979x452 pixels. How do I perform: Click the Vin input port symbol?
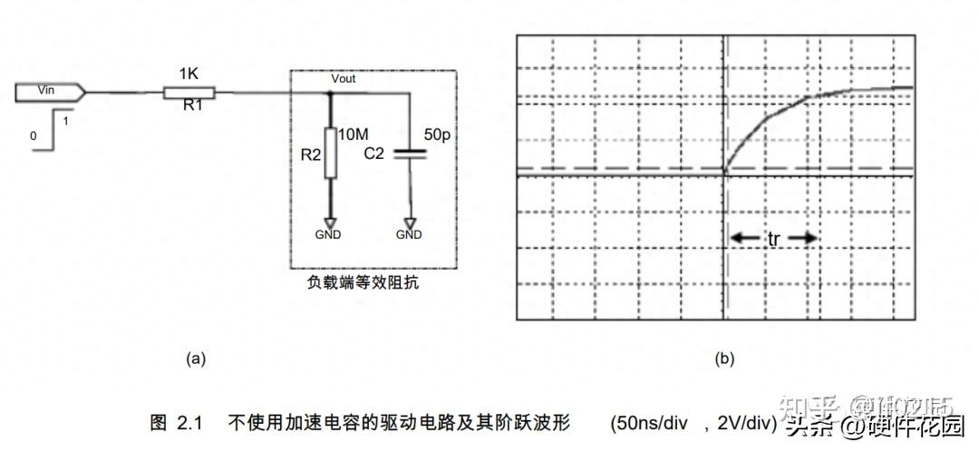[x=51, y=91]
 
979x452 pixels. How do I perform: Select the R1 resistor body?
[x=189, y=91]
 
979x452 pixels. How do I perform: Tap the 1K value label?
[x=189, y=72]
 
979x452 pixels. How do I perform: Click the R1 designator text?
[x=193, y=107]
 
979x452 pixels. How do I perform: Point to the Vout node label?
[x=343, y=79]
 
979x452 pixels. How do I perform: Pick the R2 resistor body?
[x=330, y=152]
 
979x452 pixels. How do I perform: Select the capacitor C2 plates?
[x=410, y=154]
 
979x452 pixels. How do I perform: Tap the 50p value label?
[x=436, y=134]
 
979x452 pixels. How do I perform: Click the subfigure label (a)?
[x=196, y=359]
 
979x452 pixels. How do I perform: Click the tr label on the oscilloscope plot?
[x=773, y=238]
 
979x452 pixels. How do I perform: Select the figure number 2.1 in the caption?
[x=187, y=422]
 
